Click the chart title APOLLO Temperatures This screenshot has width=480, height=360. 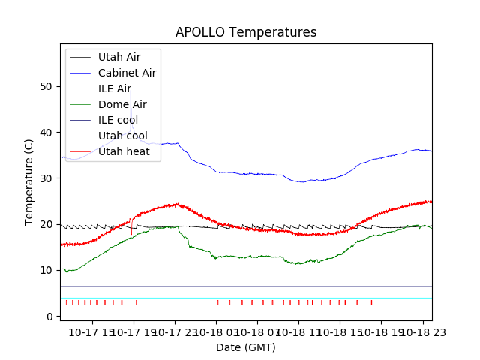coord(246,32)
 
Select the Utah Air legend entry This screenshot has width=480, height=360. coord(118,57)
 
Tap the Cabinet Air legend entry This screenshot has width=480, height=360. coord(127,73)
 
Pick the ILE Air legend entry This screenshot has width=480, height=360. coord(114,88)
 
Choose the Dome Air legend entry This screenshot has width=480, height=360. coord(122,104)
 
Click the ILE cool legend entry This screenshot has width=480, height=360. coord(118,120)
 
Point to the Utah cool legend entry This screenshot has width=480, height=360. coord(122,136)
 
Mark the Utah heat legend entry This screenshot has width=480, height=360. coord(123,151)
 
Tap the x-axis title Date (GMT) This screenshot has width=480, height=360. coord(246,347)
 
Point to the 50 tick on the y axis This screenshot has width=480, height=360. coord(46,87)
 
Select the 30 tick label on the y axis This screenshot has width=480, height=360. coord(46,178)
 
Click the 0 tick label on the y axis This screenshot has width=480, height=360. coord(49,316)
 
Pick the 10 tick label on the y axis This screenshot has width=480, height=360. coord(46,270)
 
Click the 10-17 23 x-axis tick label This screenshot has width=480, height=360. coord(175,331)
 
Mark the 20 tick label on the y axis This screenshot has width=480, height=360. coord(46,224)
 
